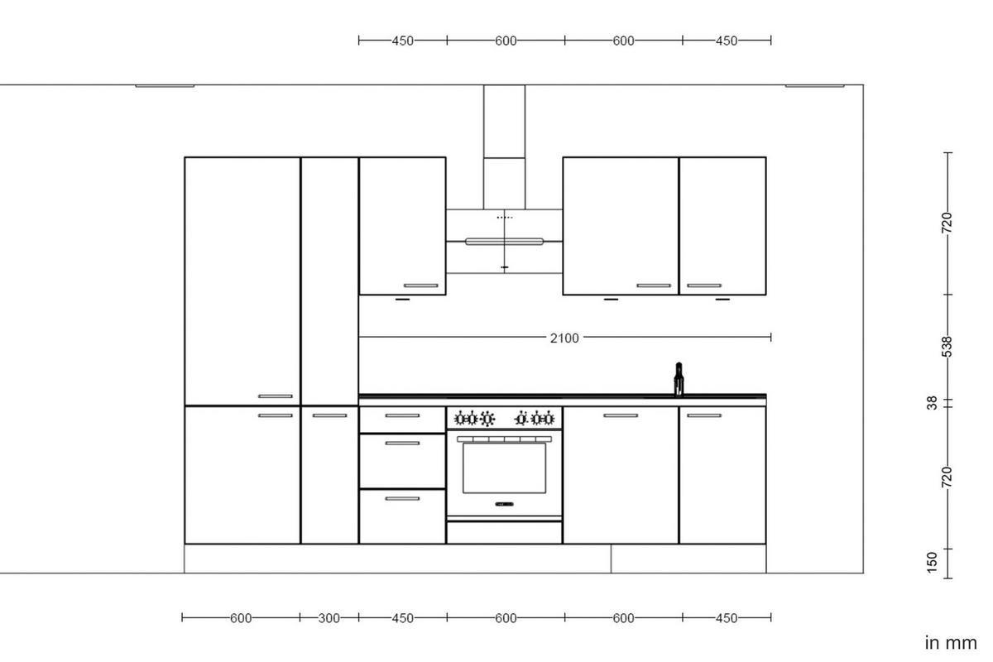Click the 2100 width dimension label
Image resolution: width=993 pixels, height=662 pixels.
tap(564, 338)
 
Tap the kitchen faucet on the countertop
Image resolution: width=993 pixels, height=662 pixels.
tap(679, 380)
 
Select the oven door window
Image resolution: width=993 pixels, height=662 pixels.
tap(504, 468)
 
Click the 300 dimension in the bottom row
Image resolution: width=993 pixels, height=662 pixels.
tap(329, 618)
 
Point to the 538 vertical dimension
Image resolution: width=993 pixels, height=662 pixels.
tap(948, 347)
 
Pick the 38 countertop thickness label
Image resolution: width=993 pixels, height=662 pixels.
tap(933, 403)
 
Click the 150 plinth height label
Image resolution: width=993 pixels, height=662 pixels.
tap(933, 561)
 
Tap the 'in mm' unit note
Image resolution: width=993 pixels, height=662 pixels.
tap(951, 642)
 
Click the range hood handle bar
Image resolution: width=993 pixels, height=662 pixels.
tap(504, 242)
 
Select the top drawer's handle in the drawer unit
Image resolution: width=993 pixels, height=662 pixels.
tap(402, 416)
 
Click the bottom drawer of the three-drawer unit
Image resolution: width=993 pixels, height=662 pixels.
tap(402, 516)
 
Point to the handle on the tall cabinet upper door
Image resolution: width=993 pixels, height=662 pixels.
tap(276, 396)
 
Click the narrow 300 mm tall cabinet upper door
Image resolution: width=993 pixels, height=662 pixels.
tap(329, 281)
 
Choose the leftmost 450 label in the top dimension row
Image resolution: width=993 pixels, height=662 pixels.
tap(402, 40)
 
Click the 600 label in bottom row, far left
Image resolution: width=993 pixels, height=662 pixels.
tap(241, 618)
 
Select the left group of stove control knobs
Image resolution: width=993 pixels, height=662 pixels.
tap(477, 418)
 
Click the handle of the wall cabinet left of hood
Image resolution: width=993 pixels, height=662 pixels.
tap(420, 285)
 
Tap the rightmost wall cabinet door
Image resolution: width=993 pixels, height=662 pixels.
tap(722, 225)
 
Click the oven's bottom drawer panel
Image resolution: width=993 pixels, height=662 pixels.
tap(504, 532)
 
